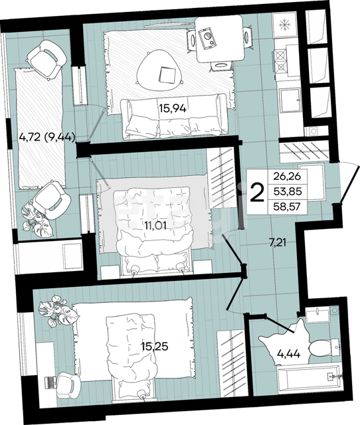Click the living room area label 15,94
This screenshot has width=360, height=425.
tap(173, 109)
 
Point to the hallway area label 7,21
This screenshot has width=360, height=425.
tap(278, 242)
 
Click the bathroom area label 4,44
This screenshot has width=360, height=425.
tap(289, 353)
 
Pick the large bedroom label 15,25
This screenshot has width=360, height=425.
tap(155, 346)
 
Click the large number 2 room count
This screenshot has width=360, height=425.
tap(257, 192)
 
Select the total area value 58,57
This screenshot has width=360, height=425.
tap(288, 207)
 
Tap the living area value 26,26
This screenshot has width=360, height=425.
tap(288, 177)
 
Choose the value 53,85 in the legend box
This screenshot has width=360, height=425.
tap(288, 192)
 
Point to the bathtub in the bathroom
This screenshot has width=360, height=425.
tap(309, 379)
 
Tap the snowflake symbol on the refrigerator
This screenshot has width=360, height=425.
tap(285, 25)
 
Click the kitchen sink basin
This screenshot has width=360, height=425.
tap(290, 100)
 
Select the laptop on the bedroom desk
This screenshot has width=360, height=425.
tap(50, 382)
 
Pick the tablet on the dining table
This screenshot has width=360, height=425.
tap(208, 39)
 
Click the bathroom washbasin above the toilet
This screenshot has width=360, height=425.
tap(317, 316)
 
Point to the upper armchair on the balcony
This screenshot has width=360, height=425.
tap(46, 60)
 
